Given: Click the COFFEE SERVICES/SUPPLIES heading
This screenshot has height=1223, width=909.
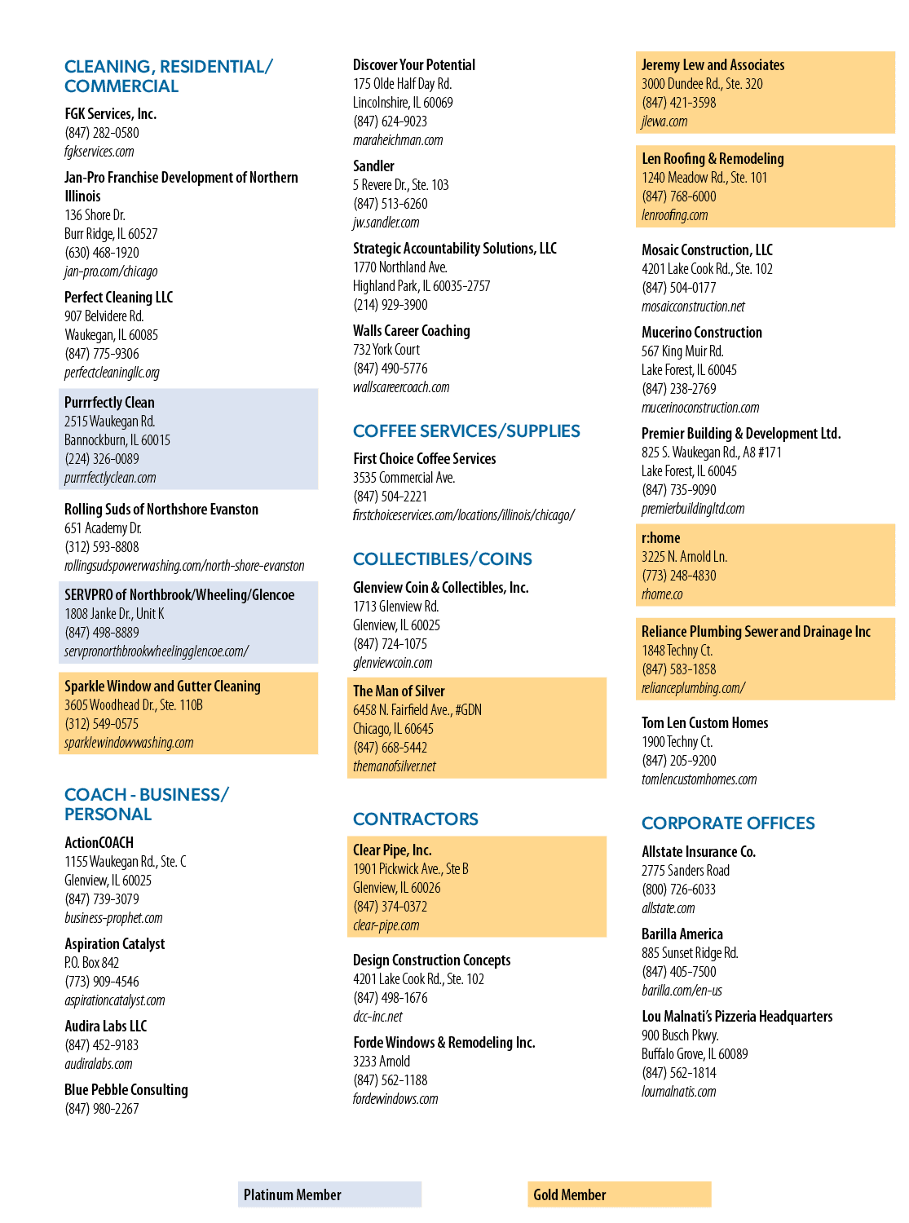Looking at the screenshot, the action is (x=466, y=430).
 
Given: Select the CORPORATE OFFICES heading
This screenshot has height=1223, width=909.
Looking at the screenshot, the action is (x=728, y=823).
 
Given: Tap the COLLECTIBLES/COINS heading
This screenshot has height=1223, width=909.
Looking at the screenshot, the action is (x=443, y=559).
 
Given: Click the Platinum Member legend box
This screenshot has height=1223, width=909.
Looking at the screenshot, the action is (x=329, y=1194).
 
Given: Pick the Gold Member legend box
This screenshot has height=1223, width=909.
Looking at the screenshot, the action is (x=619, y=1194).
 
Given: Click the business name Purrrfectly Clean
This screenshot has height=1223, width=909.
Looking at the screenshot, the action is (x=109, y=402).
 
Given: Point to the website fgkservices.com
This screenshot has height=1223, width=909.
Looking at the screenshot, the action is (x=99, y=151).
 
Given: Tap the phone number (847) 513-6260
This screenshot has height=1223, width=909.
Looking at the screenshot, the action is (x=390, y=204).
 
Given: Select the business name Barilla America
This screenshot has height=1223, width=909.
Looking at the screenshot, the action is (x=682, y=934).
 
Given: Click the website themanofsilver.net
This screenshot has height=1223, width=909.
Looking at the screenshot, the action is (x=395, y=766).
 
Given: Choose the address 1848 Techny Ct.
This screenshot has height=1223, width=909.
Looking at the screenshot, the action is (x=677, y=650).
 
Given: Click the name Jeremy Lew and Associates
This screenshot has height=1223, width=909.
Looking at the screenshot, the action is (x=713, y=64).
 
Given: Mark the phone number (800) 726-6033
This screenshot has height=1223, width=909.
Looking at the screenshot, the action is (x=678, y=889).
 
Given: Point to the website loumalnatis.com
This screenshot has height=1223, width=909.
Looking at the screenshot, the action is (x=678, y=1091).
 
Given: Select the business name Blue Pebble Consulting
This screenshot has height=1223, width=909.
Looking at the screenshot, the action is (x=126, y=1089).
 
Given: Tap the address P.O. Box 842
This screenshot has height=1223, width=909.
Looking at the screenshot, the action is (x=91, y=962).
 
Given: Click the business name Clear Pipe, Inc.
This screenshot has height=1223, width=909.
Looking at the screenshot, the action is (x=392, y=850).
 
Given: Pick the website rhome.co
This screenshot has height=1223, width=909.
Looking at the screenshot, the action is (x=662, y=594).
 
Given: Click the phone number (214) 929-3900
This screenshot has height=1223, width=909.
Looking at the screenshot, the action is (x=390, y=304).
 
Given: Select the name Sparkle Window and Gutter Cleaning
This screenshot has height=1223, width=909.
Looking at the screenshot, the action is (x=163, y=686).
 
